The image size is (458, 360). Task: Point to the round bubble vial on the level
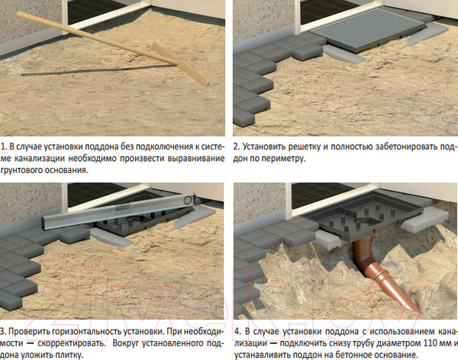coord(187,200)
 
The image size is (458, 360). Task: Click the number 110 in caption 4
coord(430,343)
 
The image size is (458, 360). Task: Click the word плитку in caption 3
coord(70,355)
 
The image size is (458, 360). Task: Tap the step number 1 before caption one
coord(4,147)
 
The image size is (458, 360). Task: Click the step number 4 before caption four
coord(237,332)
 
